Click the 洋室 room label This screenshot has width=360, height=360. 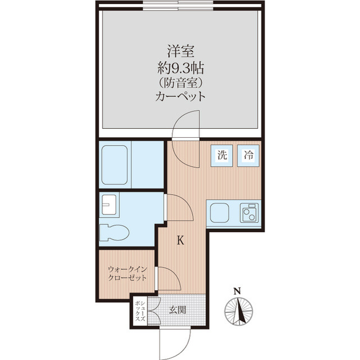pos(181,51)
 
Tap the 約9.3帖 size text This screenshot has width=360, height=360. pos(181,68)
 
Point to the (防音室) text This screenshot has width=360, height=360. pos(181,83)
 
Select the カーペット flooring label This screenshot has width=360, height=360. pos(181,97)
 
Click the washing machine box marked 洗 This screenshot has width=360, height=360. pos(222,156)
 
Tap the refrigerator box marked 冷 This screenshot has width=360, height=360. pos(248,156)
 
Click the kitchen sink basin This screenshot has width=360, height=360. pos(219,213)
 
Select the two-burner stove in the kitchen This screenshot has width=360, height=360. pos(249,213)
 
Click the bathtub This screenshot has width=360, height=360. pos(115,165)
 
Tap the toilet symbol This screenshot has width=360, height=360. pos(115,232)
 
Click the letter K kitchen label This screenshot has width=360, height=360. pos(181,241)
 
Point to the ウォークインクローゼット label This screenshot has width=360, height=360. pos(127,273)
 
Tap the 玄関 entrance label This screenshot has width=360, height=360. pos(178,310)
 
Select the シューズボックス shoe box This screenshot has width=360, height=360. pos(140,312)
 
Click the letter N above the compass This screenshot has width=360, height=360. pos(237,291)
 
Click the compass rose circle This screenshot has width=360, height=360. pos(238,312)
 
